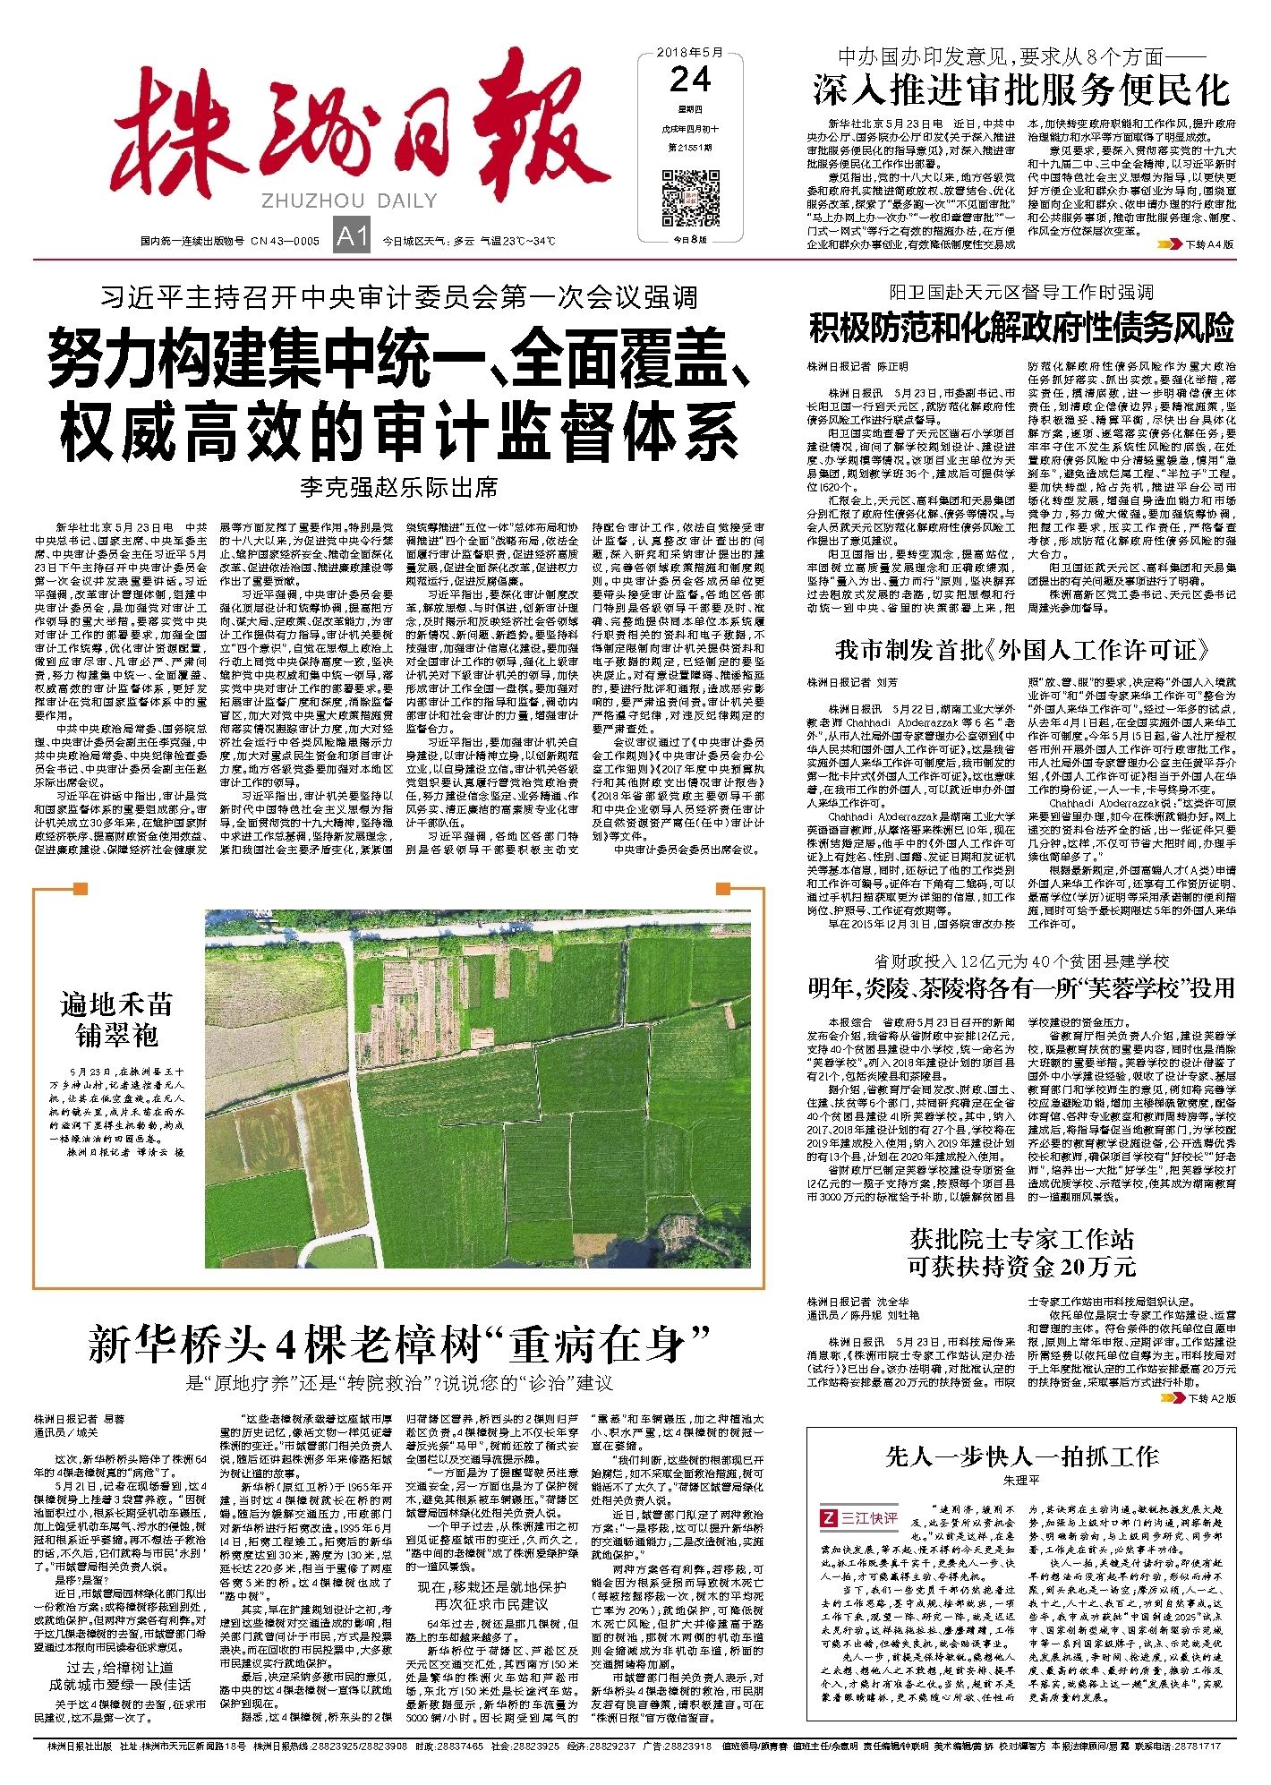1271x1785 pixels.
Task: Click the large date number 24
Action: pyautogui.click(x=690, y=81)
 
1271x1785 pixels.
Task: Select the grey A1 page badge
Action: pyautogui.click(x=352, y=236)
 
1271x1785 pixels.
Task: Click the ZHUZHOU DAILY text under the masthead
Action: pyautogui.click(x=349, y=201)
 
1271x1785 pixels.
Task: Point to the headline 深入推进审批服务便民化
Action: pyautogui.click(x=1021, y=90)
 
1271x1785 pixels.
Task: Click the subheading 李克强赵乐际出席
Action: pyautogui.click(x=398, y=488)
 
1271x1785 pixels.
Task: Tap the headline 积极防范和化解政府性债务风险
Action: pyautogui.click(x=1021, y=329)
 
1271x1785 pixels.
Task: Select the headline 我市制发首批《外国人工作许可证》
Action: pyautogui.click(x=1021, y=649)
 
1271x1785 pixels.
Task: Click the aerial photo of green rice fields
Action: pyautogui.click(x=484, y=1088)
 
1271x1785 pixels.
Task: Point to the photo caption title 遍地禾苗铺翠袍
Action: pyautogui.click(x=117, y=1020)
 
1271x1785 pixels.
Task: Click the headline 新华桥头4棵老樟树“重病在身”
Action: pyautogui.click(x=399, y=1344)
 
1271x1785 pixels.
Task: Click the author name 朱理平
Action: pyautogui.click(x=1021, y=1481)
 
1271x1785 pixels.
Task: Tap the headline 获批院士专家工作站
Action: pyautogui.click(x=1021, y=1240)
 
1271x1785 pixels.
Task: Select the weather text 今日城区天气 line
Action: pyautogui.click(x=469, y=241)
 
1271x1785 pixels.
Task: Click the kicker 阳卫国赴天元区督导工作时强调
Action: pyautogui.click(x=1021, y=293)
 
